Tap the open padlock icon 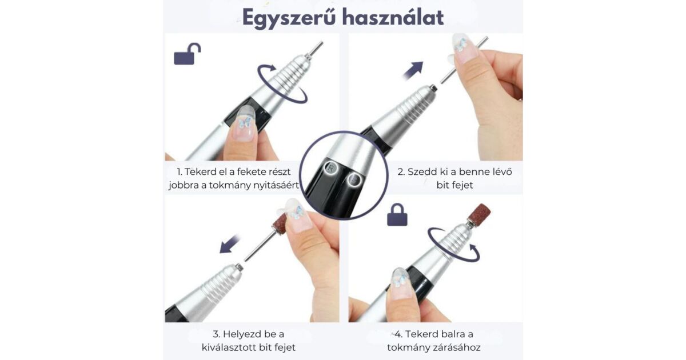[188, 54]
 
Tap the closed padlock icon [397, 215]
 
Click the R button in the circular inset [331, 168]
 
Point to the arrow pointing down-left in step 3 [229, 244]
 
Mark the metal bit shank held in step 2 [464, 59]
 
